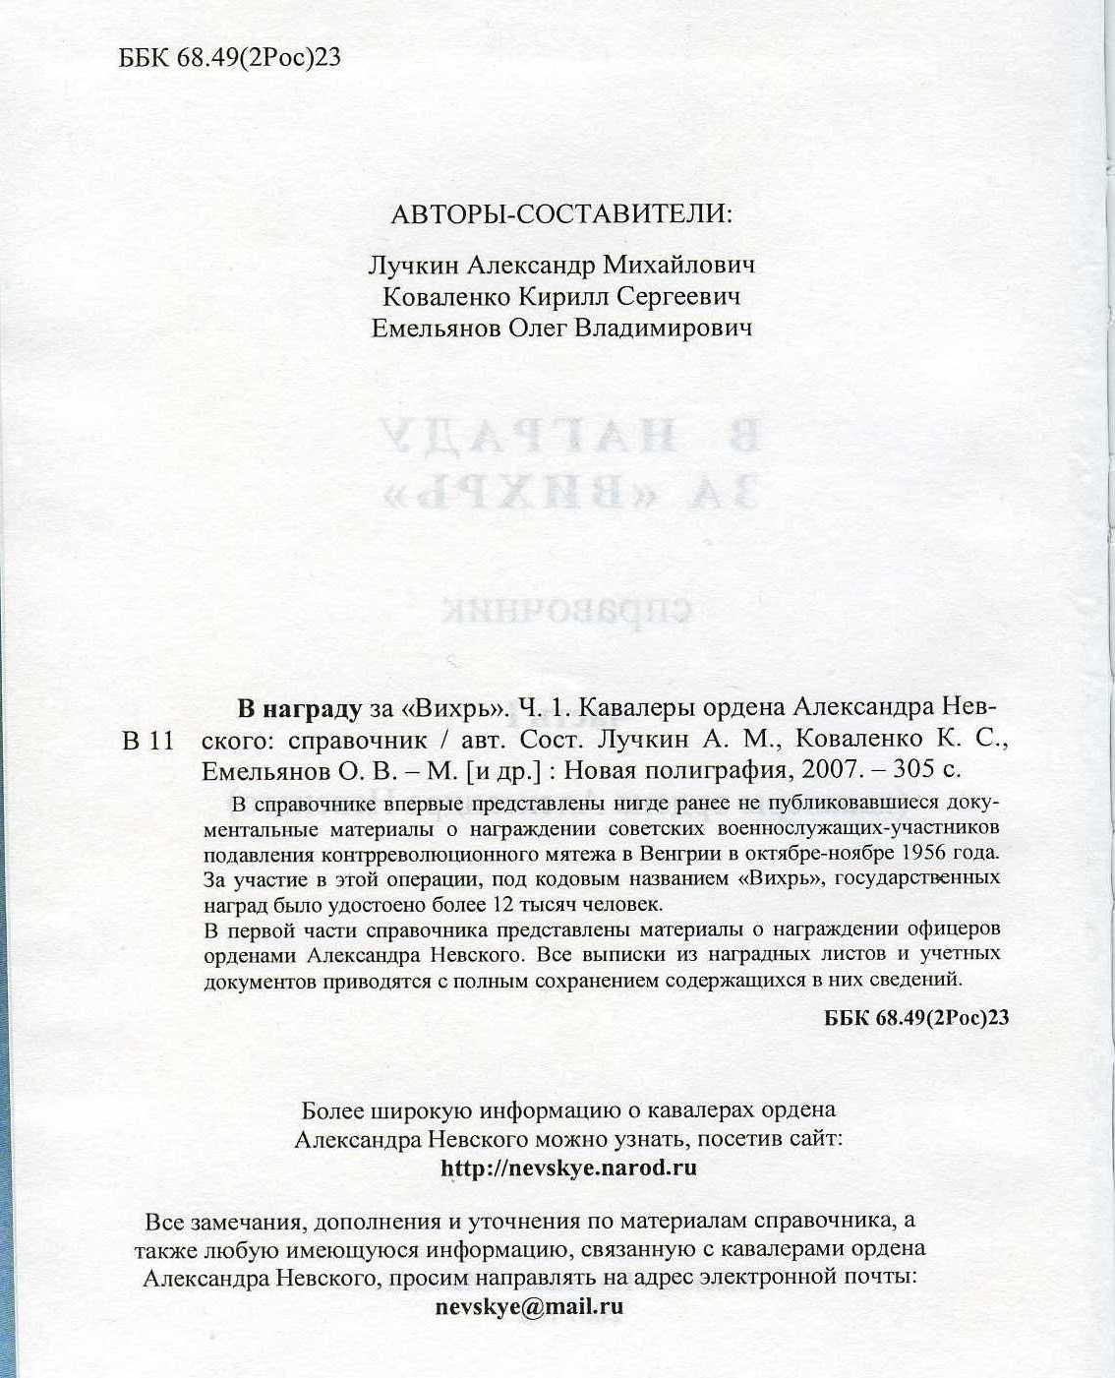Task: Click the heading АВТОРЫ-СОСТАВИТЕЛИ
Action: (x=561, y=214)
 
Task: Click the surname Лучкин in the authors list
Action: (x=407, y=265)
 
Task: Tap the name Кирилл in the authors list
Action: (x=557, y=296)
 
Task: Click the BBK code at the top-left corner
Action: (x=230, y=58)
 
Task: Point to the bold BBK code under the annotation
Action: (x=916, y=1017)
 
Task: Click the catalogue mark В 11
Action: (x=148, y=741)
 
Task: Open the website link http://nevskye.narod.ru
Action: (x=569, y=1168)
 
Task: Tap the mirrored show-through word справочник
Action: (x=567, y=610)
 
